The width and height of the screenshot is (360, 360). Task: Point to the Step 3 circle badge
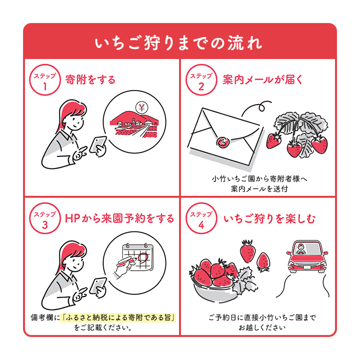[x=45, y=219]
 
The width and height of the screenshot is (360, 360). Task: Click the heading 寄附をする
[x=91, y=79]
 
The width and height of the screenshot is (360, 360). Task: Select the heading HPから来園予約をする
[x=120, y=219]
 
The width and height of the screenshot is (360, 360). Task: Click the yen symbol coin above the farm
[x=142, y=107]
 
